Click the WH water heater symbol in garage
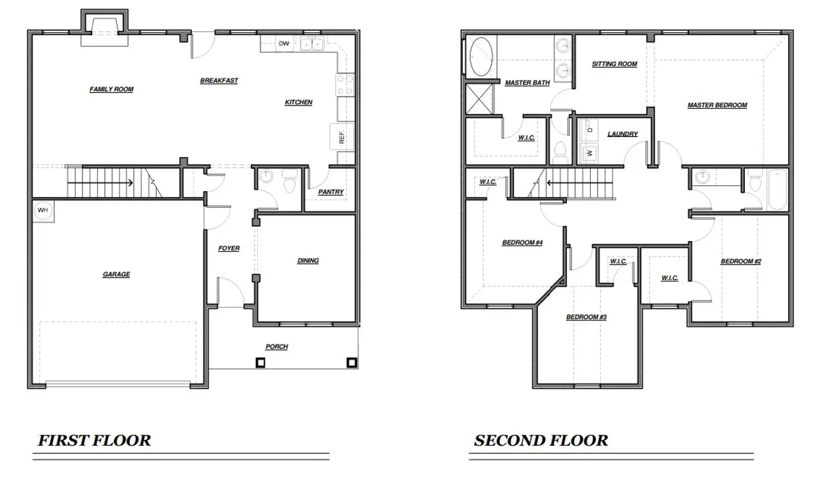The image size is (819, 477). pyautogui.click(x=43, y=210)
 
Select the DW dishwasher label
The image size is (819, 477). pyautogui.click(x=283, y=44)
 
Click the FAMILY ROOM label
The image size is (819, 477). pyautogui.click(x=111, y=90)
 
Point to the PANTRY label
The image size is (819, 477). pyautogui.click(x=331, y=192)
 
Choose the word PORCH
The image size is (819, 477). pyautogui.click(x=276, y=347)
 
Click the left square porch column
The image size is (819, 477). pyautogui.click(x=260, y=363)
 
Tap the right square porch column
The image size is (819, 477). pyautogui.click(x=351, y=363)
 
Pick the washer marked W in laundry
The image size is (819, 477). pyautogui.click(x=589, y=153)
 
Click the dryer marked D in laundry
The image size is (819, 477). pyautogui.click(x=589, y=130)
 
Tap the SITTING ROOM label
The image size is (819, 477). pyautogui.click(x=614, y=64)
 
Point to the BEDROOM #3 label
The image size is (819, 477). pyautogui.click(x=585, y=317)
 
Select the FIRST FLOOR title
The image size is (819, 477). pyautogui.click(x=95, y=441)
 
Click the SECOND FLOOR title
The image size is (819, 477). pyautogui.click(x=541, y=441)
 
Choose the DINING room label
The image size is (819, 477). pyautogui.click(x=308, y=260)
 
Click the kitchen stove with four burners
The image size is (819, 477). pyautogui.click(x=344, y=85)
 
